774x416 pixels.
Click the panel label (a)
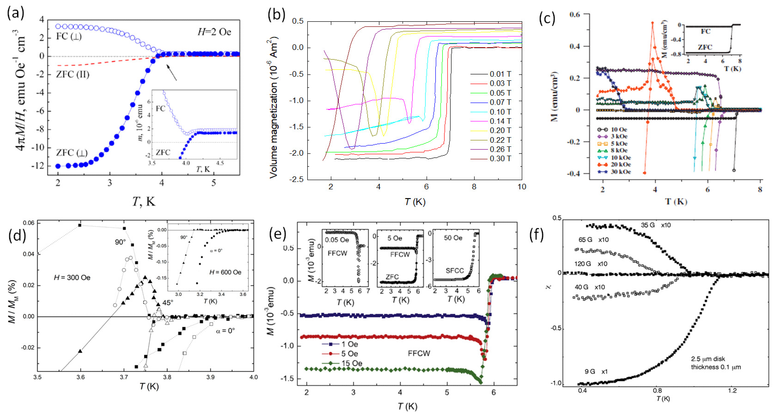pyautogui.click(x=15, y=14)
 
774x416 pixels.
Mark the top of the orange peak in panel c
pyautogui.click(x=653, y=23)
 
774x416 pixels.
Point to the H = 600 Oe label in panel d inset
pyautogui.click(x=225, y=272)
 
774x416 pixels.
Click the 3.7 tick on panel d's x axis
pyautogui.click(x=124, y=377)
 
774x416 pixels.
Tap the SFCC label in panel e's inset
pyautogui.click(x=455, y=271)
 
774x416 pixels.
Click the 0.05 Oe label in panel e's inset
pyautogui.click(x=337, y=240)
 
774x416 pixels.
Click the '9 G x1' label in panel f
pyautogui.click(x=596, y=372)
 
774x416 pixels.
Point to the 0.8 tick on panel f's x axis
pyautogui.click(x=657, y=391)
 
